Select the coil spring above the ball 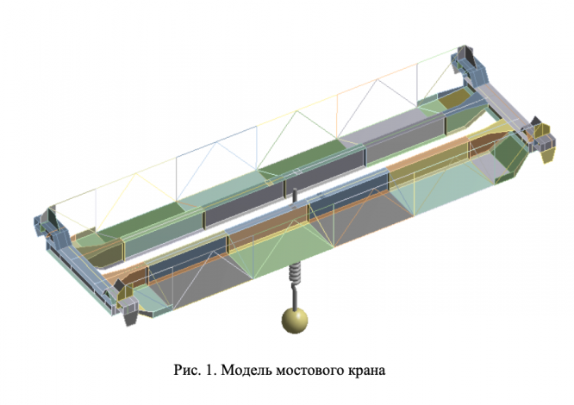(293, 278)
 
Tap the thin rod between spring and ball (293, 298)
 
